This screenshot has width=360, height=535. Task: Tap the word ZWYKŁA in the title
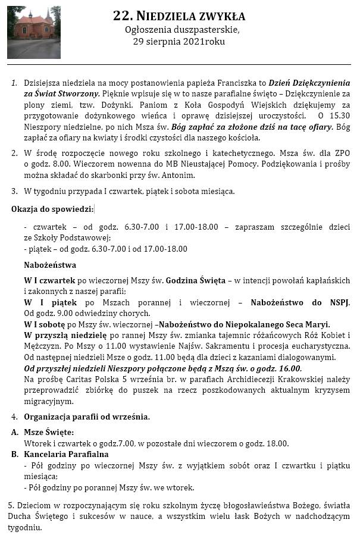[x=220, y=16]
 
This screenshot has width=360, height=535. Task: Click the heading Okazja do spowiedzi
[x=52, y=208]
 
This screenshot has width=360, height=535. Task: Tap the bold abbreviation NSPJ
[x=339, y=302]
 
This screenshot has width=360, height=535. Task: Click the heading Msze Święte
[x=49, y=432]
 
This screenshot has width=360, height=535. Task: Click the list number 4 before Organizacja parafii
[x=14, y=416]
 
